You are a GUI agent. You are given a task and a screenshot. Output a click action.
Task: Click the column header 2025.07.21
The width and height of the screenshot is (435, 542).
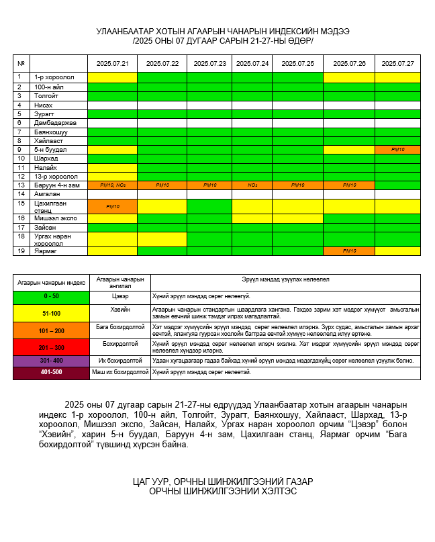[x=112, y=63]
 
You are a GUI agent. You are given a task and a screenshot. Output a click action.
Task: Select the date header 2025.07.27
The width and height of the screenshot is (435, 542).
[x=397, y=63]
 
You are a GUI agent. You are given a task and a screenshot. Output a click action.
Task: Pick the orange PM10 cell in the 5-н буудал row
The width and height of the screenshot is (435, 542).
[x=397, y=149]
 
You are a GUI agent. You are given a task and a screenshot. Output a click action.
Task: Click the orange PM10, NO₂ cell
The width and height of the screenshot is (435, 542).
[x=112, y=185]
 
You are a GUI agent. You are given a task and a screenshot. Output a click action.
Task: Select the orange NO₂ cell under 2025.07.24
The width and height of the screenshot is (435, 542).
[x=252, y=185]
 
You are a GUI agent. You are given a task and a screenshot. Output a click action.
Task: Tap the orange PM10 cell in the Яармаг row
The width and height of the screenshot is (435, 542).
[x=349, y=251]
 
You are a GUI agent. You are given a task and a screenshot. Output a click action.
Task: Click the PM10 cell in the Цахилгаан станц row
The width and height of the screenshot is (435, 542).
[x=112, y=206]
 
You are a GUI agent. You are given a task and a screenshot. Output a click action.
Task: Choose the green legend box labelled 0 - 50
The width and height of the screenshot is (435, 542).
[x=51, y=296]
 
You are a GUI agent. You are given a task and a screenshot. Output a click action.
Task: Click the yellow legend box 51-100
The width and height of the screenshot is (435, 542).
[x=51, y=313]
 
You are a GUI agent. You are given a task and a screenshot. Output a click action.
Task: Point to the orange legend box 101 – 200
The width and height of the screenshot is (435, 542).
[x=51, y=330]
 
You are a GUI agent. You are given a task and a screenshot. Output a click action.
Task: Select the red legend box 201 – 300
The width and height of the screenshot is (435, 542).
[x=51, y=347]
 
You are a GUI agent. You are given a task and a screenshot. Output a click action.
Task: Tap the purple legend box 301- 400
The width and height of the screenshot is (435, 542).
[x=51, y=361]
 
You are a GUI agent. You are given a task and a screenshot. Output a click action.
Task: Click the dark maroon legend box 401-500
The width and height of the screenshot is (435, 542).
[x=51, y=372]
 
